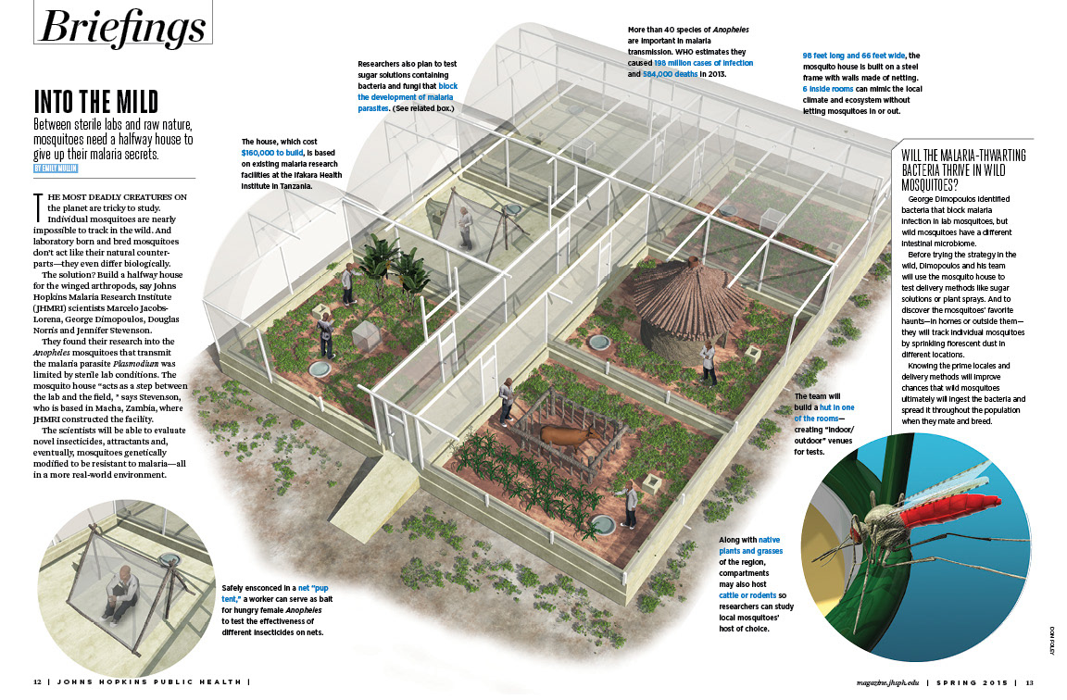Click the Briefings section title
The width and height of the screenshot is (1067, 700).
click(x=120, y=27)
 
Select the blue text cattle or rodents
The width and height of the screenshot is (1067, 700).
click(x=749, y=595)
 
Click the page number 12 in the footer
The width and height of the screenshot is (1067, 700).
click(x=37, y=683)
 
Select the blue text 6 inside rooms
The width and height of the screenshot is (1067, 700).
click(x=830, y=89)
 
